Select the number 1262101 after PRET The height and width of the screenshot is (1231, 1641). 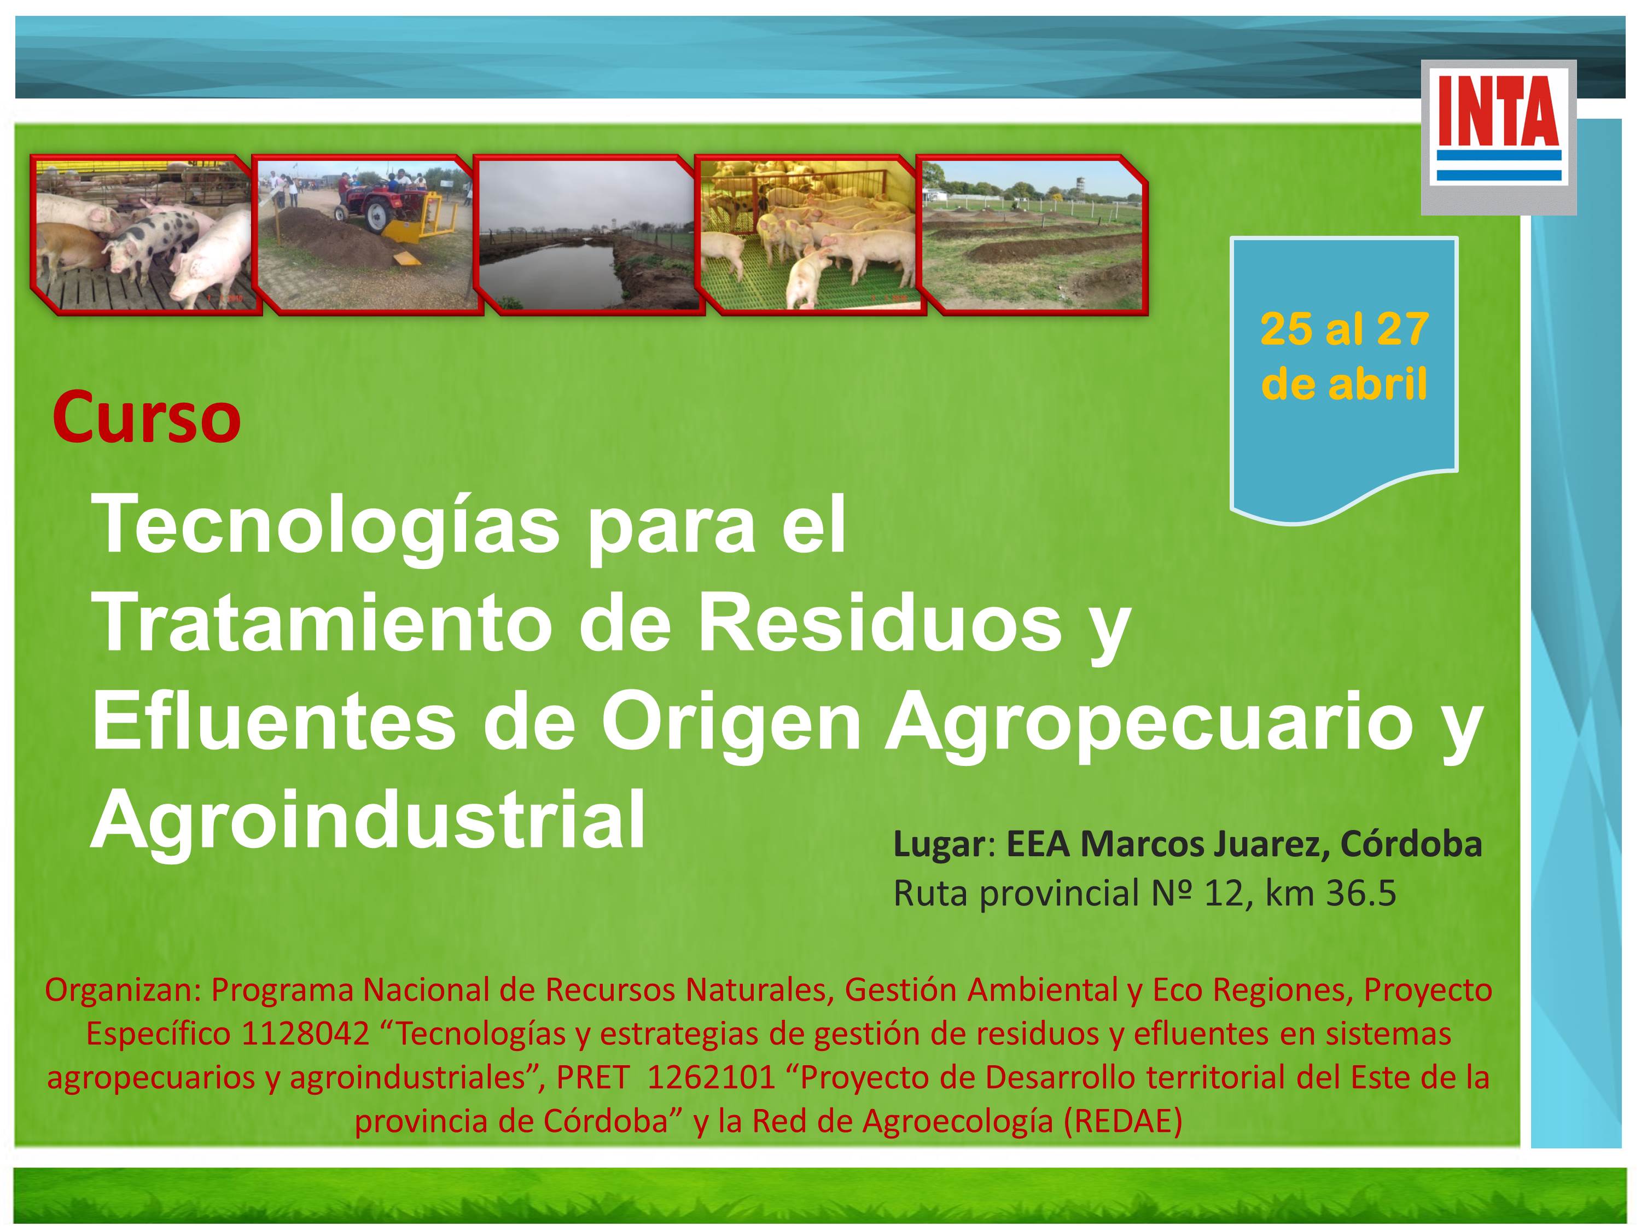pos(712,1077)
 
